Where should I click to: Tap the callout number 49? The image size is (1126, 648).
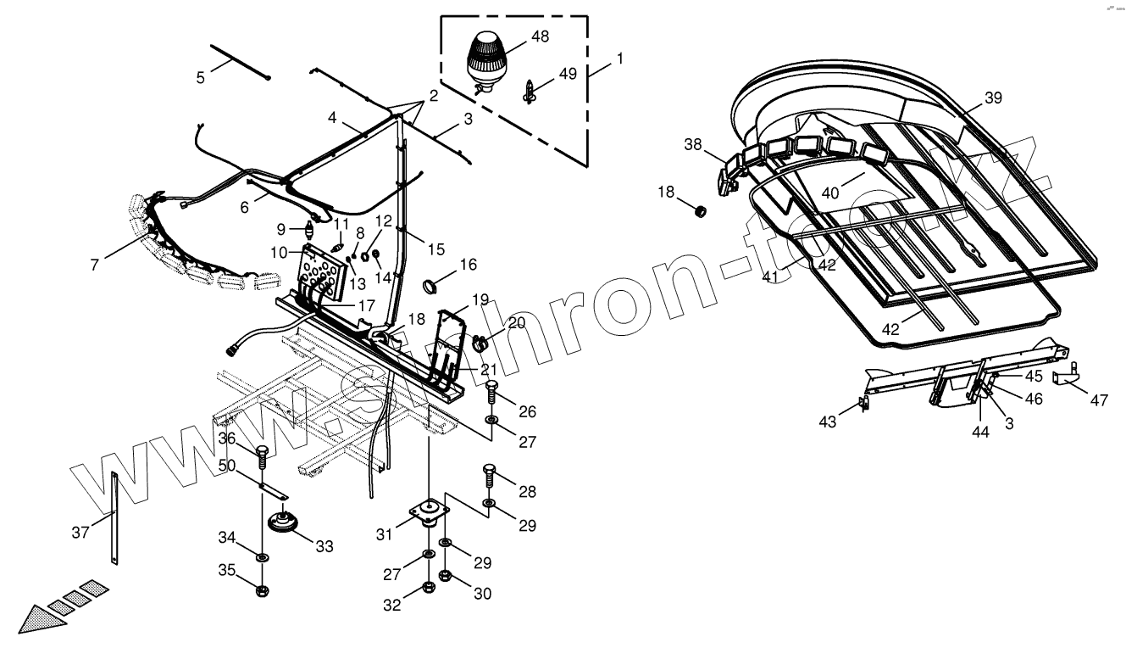[568, 74]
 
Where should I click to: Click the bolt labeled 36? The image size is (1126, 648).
[262, 456]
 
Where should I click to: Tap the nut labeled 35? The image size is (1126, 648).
[262, 589]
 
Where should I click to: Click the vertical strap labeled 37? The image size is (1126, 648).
[113, 517]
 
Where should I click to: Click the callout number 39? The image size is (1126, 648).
[992, 98]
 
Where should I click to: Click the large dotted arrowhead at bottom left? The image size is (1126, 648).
[40, 617]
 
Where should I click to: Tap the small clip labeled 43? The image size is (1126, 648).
[863, 404]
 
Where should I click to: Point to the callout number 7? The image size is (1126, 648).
[93, 265]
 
